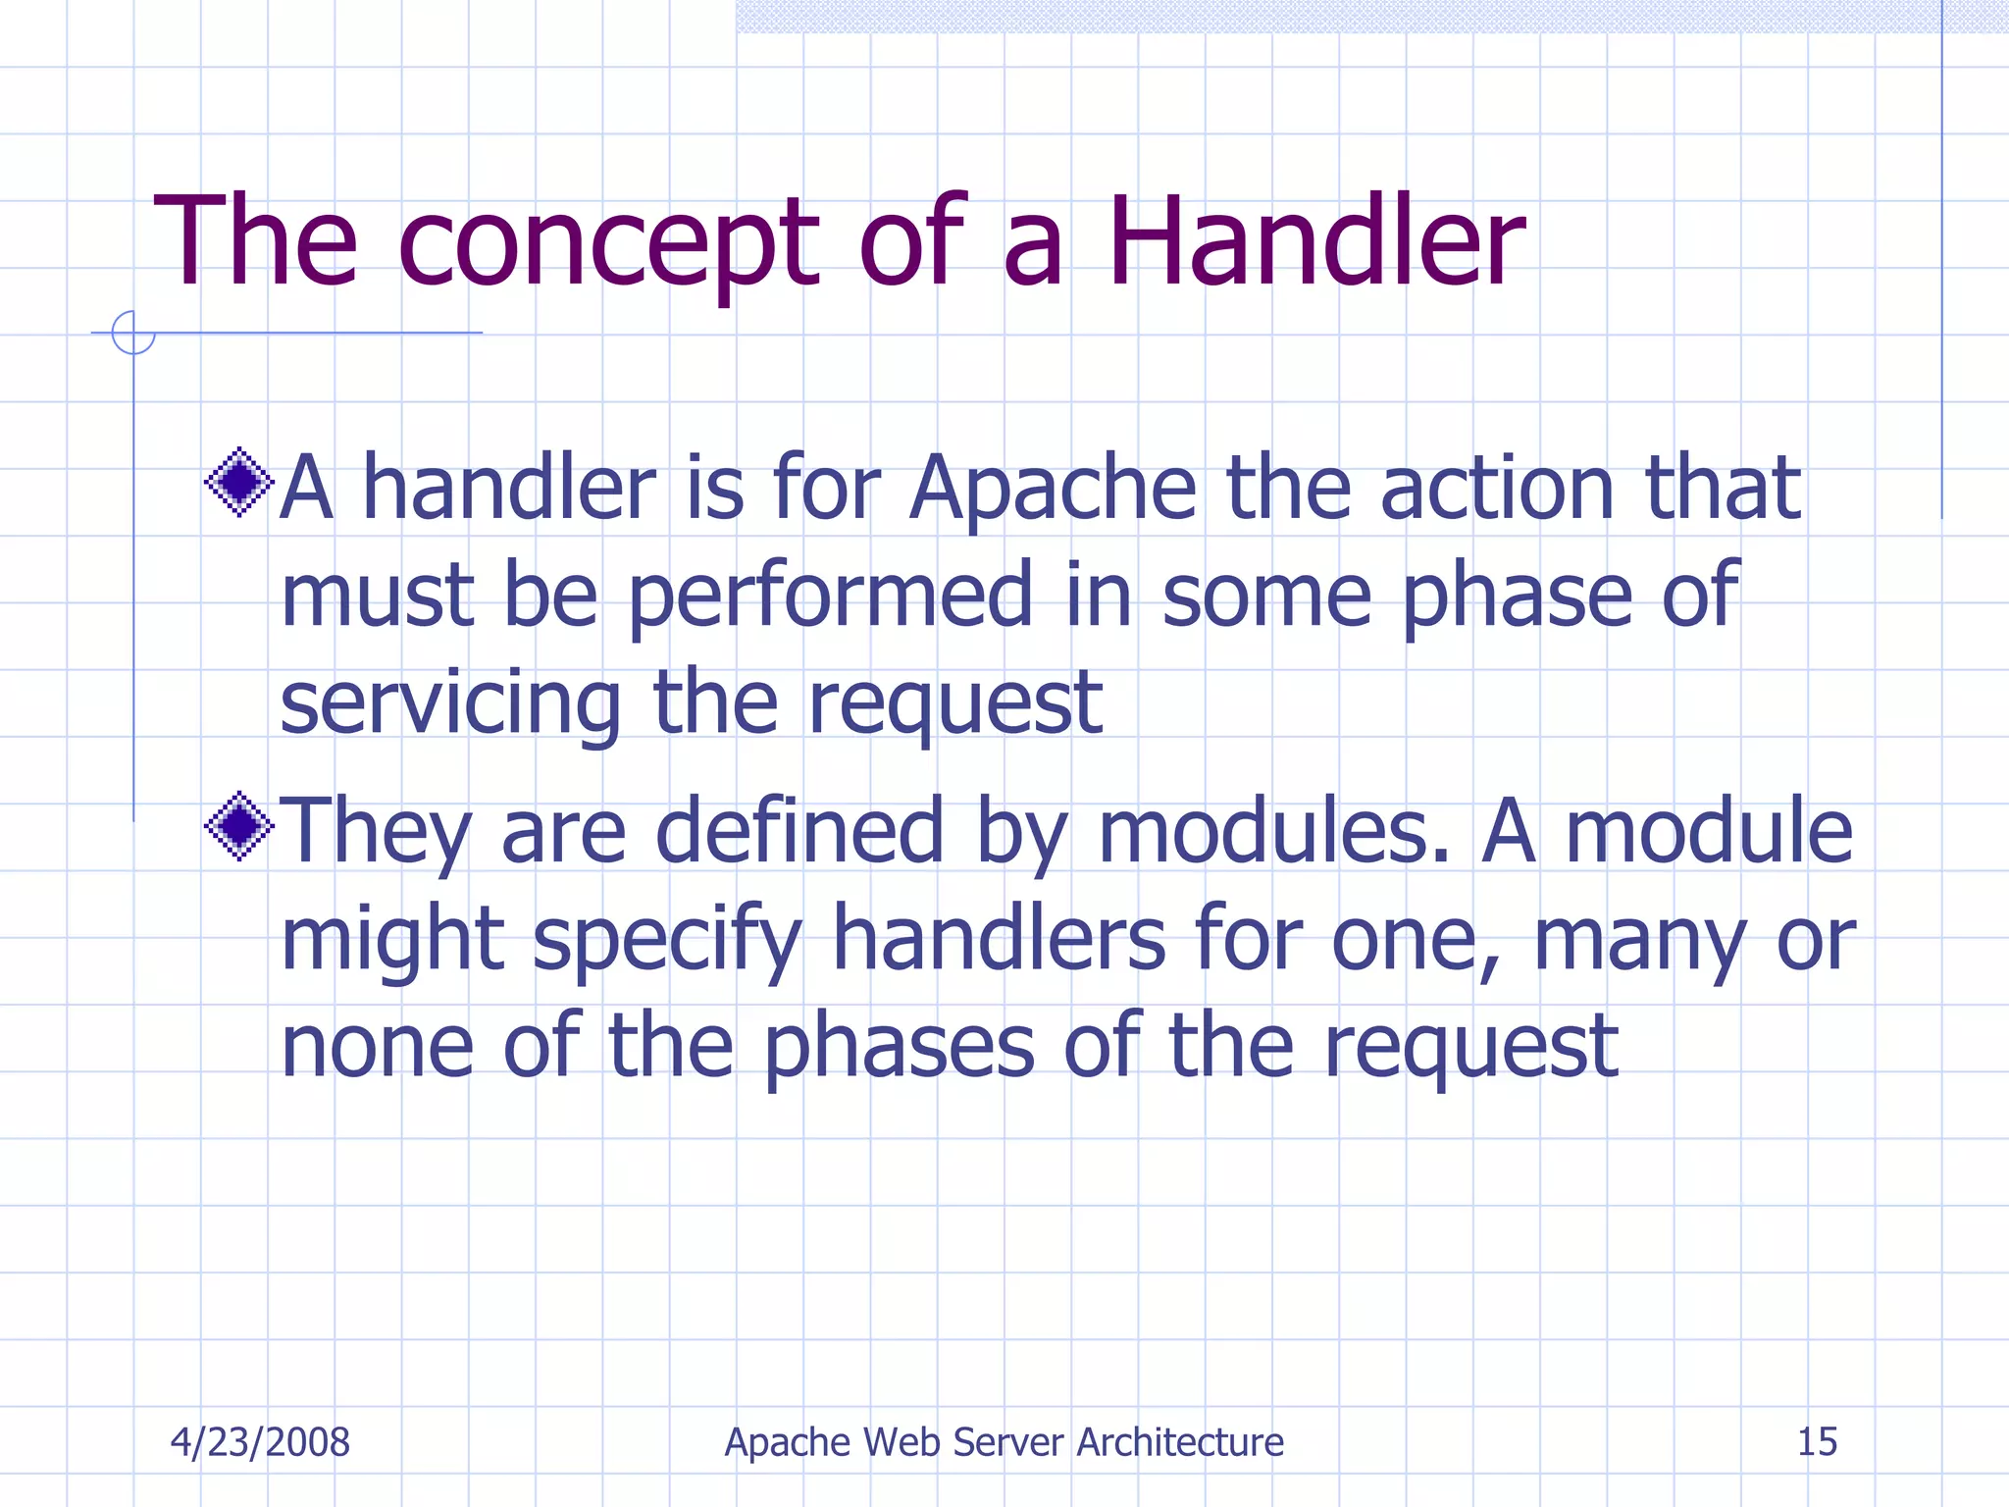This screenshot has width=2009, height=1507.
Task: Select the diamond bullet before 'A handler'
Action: [238, 482]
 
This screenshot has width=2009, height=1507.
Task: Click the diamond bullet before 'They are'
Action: [238, 826]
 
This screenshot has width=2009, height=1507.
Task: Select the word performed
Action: [830, 596]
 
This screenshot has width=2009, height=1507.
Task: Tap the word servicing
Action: [450, 704]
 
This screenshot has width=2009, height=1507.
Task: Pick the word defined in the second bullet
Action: [798, 831]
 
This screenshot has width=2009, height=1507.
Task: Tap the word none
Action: [378, 1047]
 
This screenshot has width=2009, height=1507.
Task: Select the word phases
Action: [899, 1049]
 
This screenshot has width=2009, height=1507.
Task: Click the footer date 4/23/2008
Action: [260, 1442]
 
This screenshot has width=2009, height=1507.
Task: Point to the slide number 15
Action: [1817, 1442]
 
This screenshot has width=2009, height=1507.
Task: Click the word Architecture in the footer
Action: [1180, 1442]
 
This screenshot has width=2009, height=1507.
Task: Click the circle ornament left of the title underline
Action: [133, 333]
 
